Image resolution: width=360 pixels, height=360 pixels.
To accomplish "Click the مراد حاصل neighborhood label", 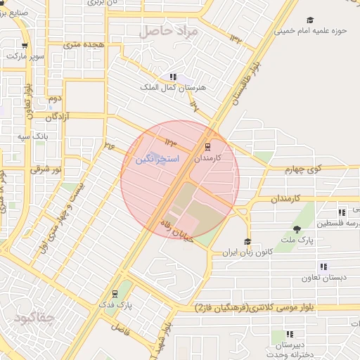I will (169, 31).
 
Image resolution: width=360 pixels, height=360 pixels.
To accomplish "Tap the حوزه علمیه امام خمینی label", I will (310, 31).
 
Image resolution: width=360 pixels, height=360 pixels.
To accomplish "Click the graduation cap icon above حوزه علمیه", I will (310, 20).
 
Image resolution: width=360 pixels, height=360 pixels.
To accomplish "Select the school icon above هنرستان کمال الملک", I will (173, 77).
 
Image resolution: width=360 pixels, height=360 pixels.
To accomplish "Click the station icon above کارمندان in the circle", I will (207, 147).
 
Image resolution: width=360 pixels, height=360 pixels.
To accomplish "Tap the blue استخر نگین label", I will (157, 160).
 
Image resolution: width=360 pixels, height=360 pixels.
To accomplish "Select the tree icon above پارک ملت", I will (297, 229).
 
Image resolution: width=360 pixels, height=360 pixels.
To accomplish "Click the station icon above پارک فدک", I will (115, 294).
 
